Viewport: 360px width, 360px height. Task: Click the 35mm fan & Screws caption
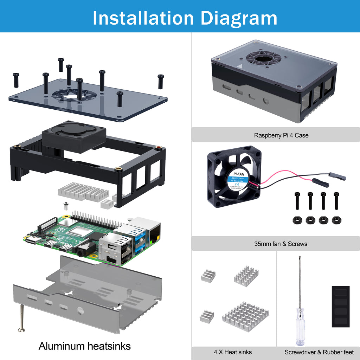tap(281, 244)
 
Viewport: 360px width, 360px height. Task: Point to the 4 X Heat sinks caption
tap(232, 352)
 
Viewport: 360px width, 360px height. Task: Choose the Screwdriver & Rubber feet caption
tap(319, 352)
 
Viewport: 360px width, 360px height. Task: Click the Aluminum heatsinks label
tap(84, 346)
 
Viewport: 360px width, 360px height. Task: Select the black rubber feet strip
tap(340, 306)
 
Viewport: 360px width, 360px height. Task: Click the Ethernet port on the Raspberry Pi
tap(154, 233)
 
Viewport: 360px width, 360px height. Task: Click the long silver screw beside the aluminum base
tap(22, 318)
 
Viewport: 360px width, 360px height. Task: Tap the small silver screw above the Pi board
tap(65, 206)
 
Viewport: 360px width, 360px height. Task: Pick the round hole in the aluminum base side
tap(80, 310)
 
